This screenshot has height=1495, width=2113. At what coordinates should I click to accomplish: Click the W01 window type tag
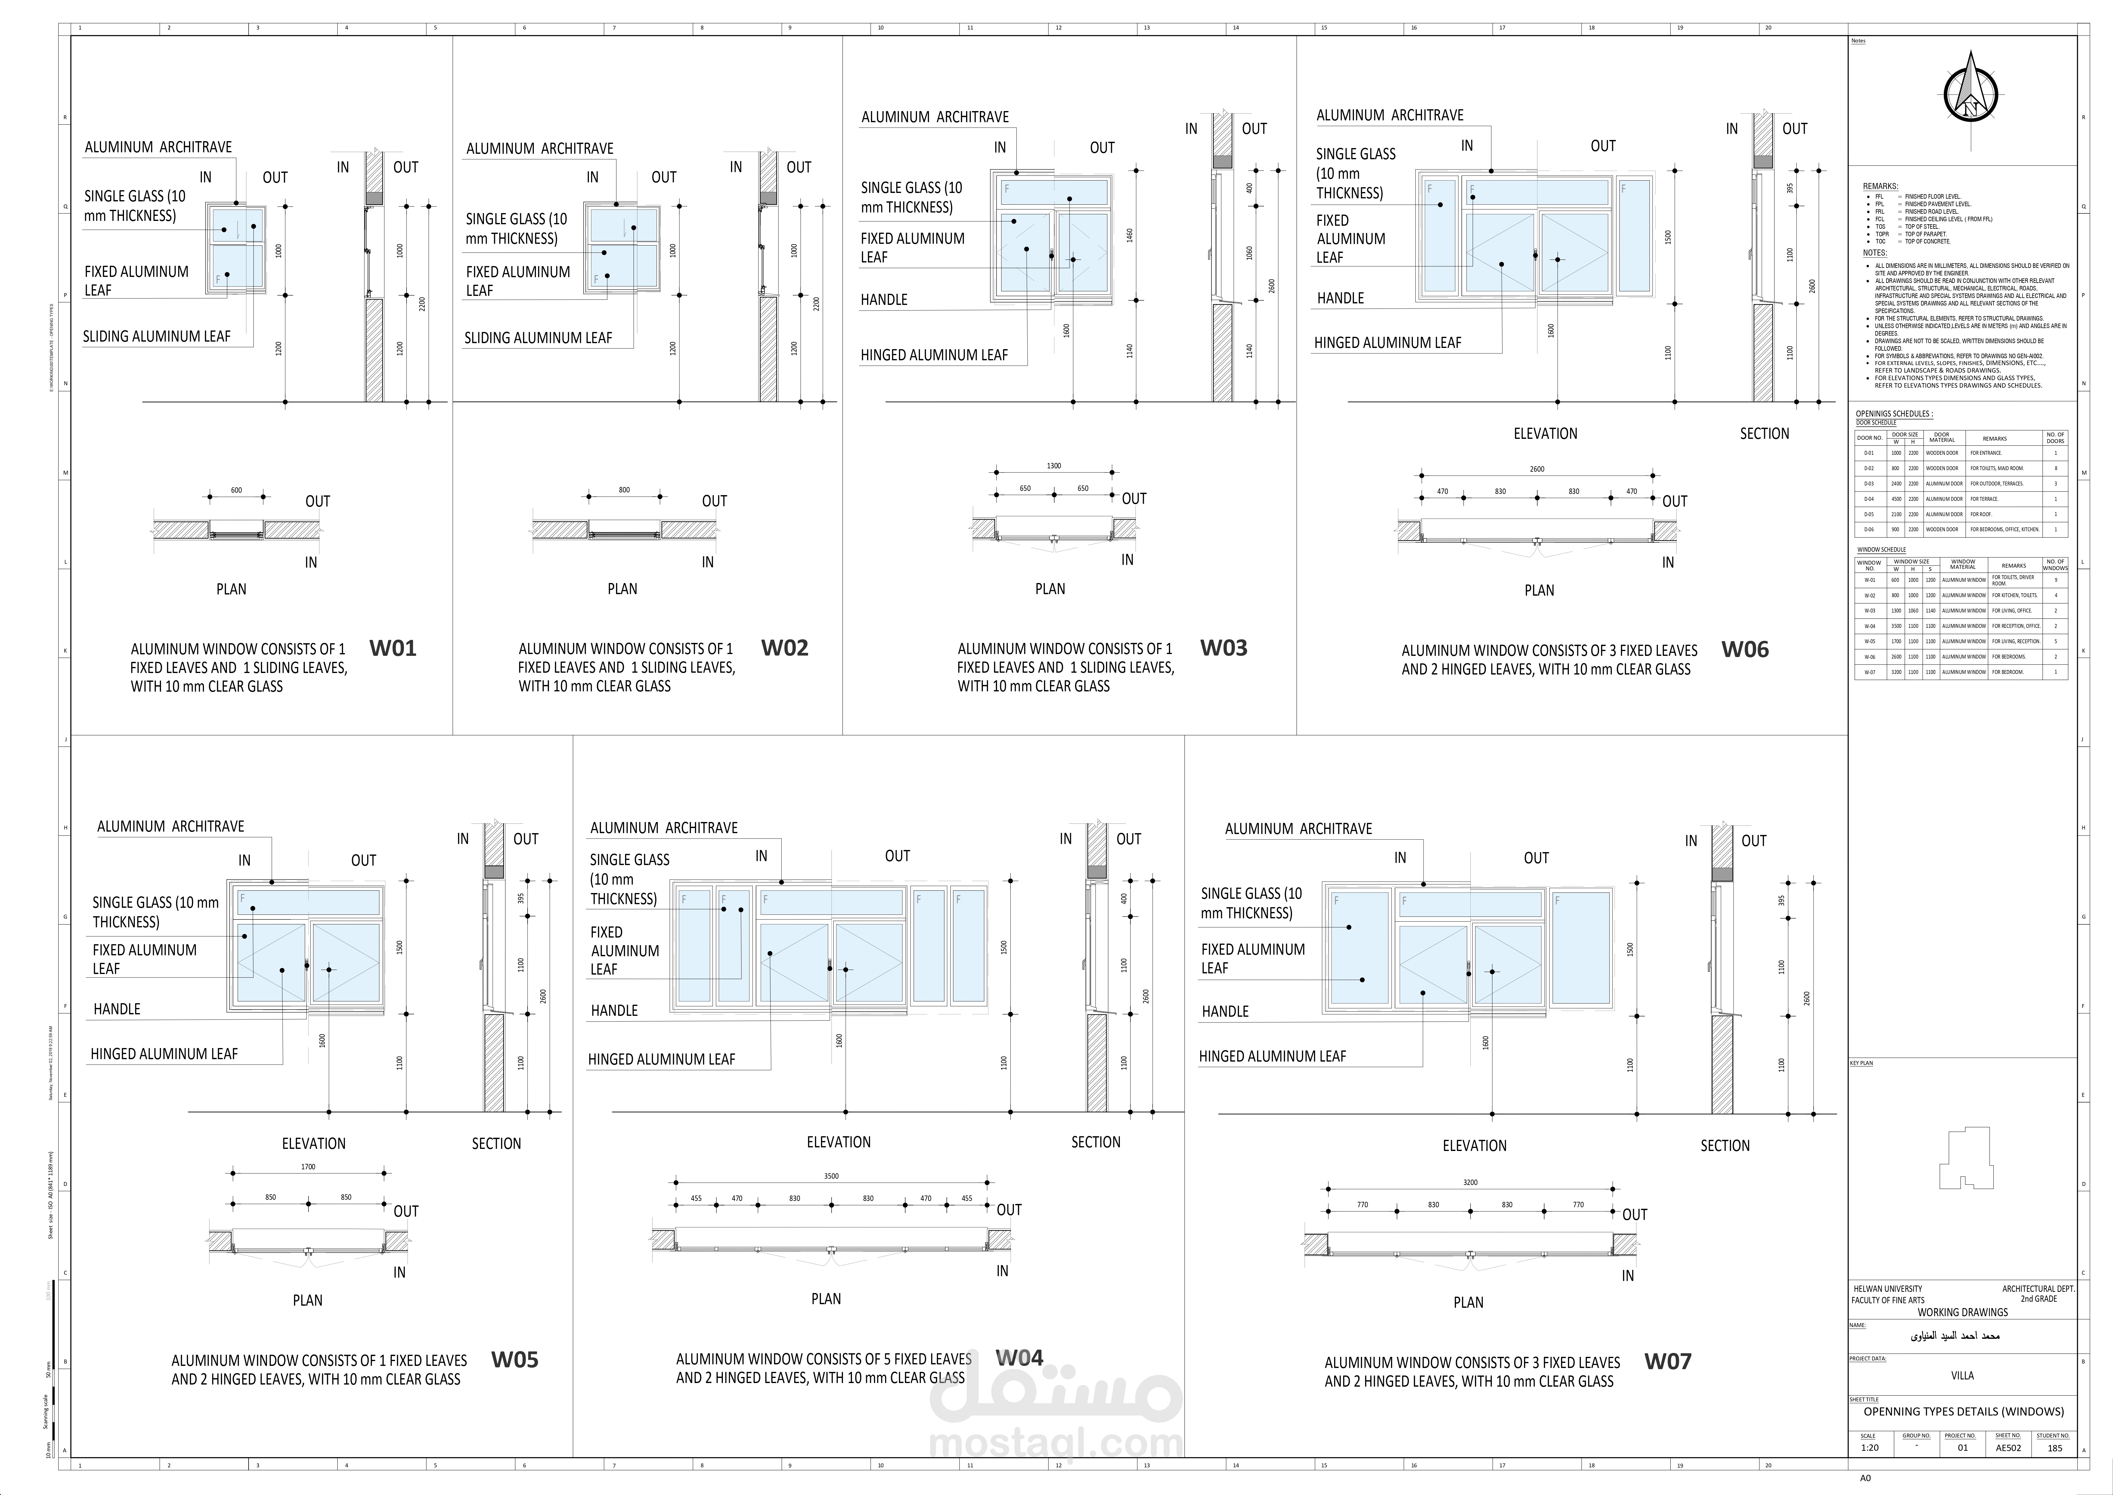coord(393,648)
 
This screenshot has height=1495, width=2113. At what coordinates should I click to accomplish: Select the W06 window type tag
coord(1745,650)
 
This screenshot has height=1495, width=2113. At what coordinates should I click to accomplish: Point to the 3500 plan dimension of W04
coord(831,1176)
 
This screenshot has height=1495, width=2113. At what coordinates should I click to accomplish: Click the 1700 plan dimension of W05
coord(308,1166)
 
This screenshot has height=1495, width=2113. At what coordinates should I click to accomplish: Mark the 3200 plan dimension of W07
coord(1470,1182)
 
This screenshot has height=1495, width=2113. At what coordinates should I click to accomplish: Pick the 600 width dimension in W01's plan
coord(237,491)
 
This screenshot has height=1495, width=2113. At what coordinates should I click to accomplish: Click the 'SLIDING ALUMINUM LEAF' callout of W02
coord(538,338)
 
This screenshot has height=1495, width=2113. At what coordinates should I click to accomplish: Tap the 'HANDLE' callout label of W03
coord(884,299)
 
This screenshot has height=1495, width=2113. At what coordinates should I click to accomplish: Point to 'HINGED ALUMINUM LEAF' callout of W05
coord(164,1054)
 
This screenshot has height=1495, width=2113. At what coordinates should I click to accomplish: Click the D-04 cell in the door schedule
coord(1869,499)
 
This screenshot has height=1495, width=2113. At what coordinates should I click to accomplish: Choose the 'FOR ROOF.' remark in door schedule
coord(1981,515)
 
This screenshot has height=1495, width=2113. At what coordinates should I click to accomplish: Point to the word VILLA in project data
coord(1962,1375)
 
